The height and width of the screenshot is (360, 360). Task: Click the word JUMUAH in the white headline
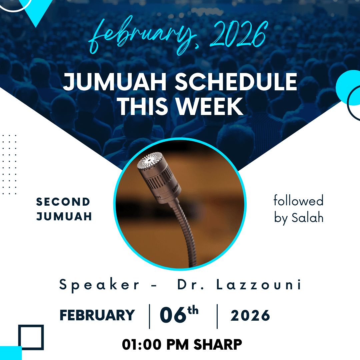[115, 82]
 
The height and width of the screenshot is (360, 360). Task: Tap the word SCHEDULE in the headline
[236, 82]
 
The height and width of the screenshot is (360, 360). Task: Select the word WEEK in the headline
[210, 106]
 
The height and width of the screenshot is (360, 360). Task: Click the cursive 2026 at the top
[239, 34]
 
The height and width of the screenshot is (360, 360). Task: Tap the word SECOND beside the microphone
[63, 202]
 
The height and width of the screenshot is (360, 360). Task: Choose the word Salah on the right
[307, 217]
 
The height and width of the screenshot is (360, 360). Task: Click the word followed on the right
[298, 200]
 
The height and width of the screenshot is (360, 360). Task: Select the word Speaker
[99, 285]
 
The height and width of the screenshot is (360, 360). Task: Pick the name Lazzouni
[259, 284]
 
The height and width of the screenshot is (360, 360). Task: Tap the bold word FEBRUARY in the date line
[97, 315]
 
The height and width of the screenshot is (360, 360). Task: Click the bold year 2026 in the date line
[250, 315]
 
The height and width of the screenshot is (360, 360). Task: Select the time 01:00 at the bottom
[142, 344]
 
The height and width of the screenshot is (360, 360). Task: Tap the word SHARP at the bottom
[218, 344]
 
